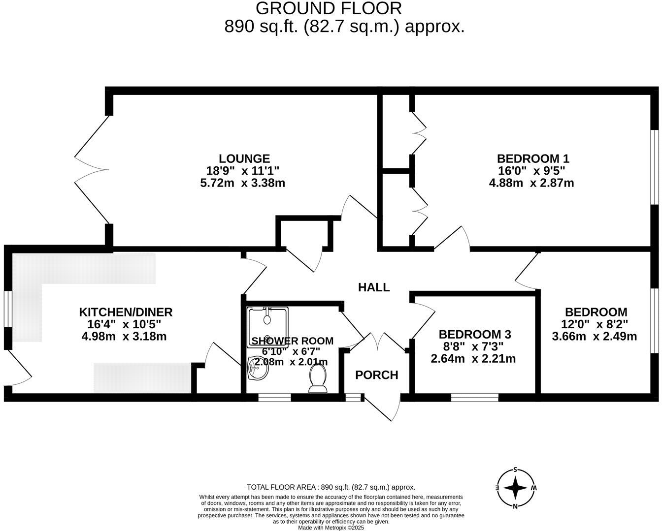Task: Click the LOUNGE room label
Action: [244, 158]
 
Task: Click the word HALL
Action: [374, 287]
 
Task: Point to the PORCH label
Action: [377, 375]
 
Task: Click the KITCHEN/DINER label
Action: [126, 312]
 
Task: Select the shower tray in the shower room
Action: [267, 324]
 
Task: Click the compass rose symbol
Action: [515, 488]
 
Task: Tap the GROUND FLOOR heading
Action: [329, 8]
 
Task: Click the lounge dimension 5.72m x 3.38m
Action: [244, 183]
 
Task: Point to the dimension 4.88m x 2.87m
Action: [531, 183]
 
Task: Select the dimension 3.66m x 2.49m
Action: [595, 337]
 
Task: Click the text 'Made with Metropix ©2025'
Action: [331, 528]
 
